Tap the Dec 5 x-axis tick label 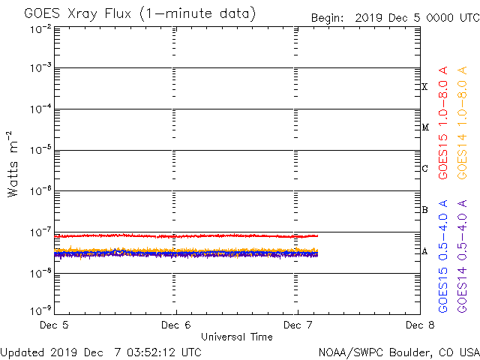pos(55,325)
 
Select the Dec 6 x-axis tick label pos(176,325)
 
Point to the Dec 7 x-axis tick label pos(298,325)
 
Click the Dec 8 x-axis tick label pos(418,325)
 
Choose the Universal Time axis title pos(237,337)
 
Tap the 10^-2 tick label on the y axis pos(40,28)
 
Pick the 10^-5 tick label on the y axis pos(40,151)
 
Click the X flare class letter pos(424,87)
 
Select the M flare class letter pos(424,127)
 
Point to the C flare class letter pos(424,169)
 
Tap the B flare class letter pos(424,210)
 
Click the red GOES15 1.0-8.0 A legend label pos(443,124)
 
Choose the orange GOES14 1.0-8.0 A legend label pos(463,124)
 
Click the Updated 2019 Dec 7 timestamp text pos(101,352)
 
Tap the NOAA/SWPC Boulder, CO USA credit pos(398,352)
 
